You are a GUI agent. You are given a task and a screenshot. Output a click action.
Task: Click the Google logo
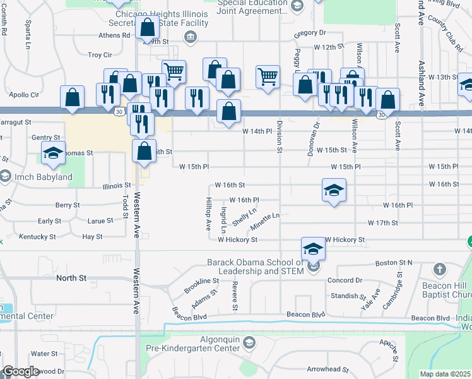(x=20, y=371)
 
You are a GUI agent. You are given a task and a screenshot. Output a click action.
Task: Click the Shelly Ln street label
(x=244, y=217)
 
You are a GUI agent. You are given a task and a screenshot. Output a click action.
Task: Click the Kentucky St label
(x=37, y=237)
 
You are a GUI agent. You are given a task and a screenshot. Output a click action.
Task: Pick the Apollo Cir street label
(x=25, y=94)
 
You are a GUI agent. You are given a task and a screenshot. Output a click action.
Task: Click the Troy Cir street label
(x=100, y=55)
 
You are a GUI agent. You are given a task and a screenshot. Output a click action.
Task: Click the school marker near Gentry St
(x=54, y=153)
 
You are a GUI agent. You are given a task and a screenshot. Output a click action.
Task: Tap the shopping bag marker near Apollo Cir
(x=73, y=97)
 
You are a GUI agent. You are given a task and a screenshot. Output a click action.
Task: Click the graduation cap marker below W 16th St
(x=334, y=189)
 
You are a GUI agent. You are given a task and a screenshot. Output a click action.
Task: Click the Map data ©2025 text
(x=444, y=374)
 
